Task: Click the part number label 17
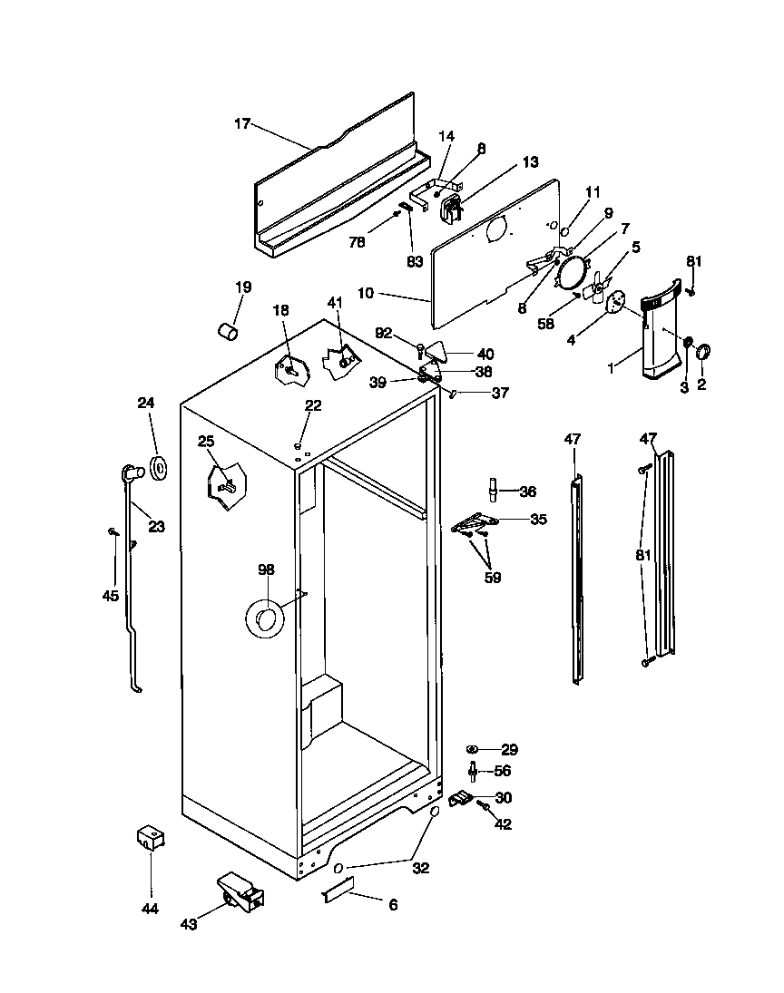click(241, 124)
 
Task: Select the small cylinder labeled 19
click(227, 331)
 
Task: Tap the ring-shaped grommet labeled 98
click(264, 619)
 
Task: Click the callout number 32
click(420, 867)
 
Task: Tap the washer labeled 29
click(473, 749)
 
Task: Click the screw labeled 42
click(485, 806)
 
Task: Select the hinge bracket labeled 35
click(474, 523)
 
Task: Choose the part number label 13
click(530, 162)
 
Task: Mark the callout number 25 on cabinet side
click(207, 442)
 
